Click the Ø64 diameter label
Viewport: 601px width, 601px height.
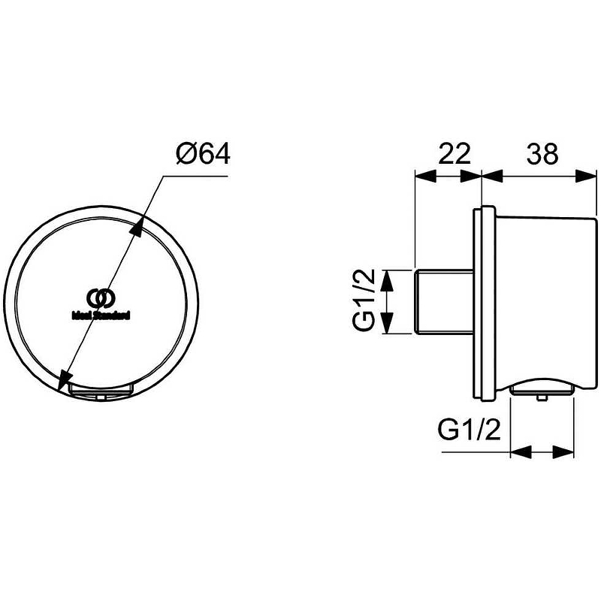tap(203, 153)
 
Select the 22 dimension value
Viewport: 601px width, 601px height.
tap(454, 153)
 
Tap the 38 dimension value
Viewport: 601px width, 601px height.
tap(542, 153)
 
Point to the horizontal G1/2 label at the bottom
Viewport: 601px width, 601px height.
tap(469, 429)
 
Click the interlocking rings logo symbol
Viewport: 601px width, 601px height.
tap(101, 298)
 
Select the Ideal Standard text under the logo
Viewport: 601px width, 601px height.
tap(101, 315)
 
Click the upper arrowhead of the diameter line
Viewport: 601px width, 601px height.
tap(137, 226)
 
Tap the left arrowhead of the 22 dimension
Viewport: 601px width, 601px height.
tap(426, 177)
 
